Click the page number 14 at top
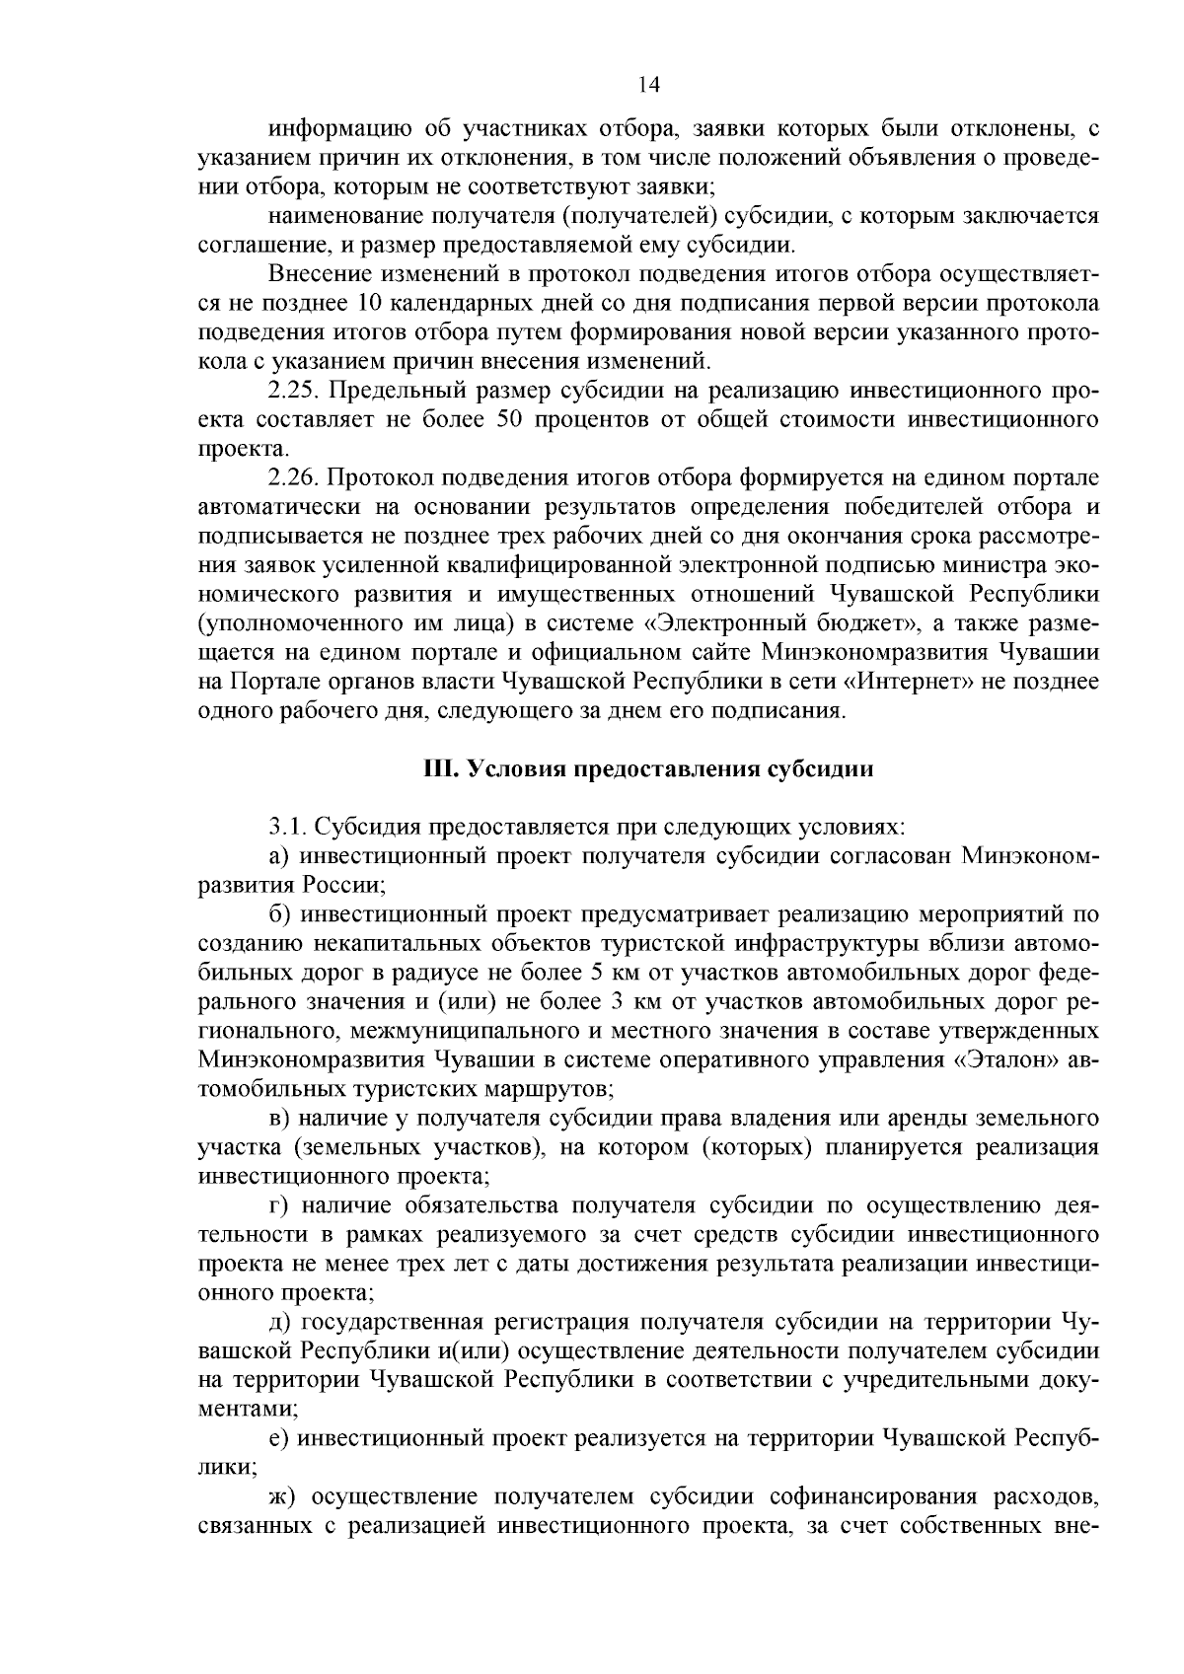(x=648, y=85)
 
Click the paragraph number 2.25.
(x=291, y=391)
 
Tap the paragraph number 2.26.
(x=291, y=478)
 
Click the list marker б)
(x=278, y=914)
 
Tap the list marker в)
(x=278, y=1118)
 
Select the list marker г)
(x=277, y=1205)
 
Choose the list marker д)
(x=278, y=1322)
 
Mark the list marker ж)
(x=281, y=1496)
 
